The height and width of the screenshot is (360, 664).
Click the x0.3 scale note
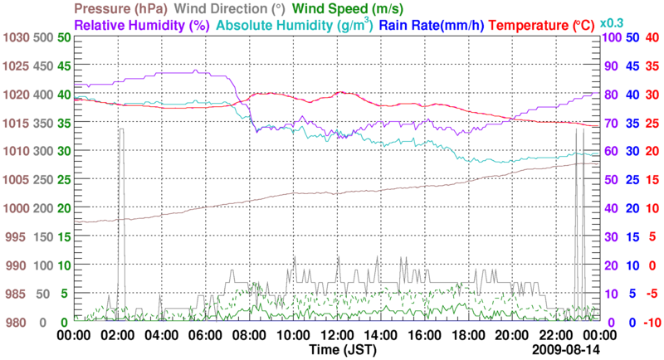[x=613, y=22]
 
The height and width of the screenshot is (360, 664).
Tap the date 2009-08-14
[x=567, y=351]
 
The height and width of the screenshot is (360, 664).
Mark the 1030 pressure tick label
[x=17, y=37]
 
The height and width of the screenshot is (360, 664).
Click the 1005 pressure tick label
[x=17, y=180]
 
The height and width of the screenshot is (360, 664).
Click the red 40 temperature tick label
[x=652, y=37]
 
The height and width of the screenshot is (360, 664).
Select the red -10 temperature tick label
[x=650, y=322]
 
